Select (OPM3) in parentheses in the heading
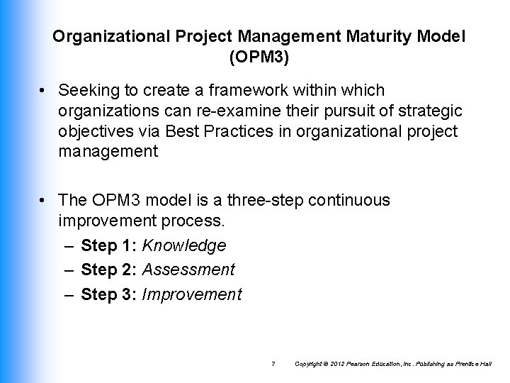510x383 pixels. tap(259, 57)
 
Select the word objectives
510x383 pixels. tap(97, 132)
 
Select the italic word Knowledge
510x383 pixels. tap(184, 246)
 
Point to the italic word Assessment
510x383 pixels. tap(188, 270)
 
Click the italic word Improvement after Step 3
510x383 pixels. tap(192, 294)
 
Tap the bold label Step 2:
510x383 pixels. tap(109, 270)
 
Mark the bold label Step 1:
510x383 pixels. tap(109, 246)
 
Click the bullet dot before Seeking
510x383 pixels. tap(43, 91)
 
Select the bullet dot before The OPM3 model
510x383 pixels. tap(43, 201)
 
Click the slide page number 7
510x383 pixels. tap(273, 364)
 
